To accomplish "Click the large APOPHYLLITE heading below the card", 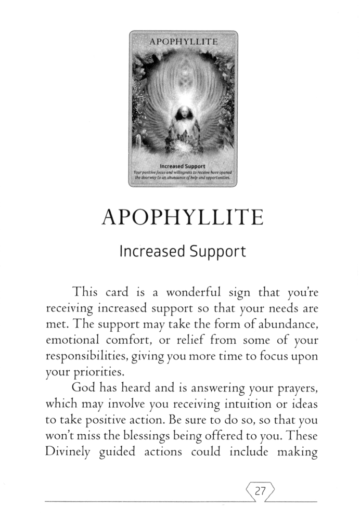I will click(x=182, y=217).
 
